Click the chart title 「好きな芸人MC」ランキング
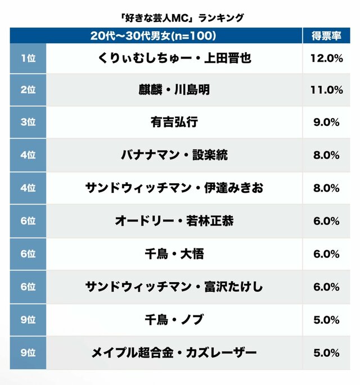point(180,17)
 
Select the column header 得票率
point(327,36)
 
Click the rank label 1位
point(28,57)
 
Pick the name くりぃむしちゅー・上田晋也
point(174,57)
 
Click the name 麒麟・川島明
point(174,90)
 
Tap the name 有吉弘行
point(174,122)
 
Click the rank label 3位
point(28,122)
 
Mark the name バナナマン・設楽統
point(174,155)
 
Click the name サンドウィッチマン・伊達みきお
point(174,188)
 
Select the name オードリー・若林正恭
point(174,221)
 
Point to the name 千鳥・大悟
point(174,254)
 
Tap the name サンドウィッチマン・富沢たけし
point(174,287)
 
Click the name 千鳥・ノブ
point(174,320)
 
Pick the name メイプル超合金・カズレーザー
point(174,353)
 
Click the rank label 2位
point(28,90)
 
